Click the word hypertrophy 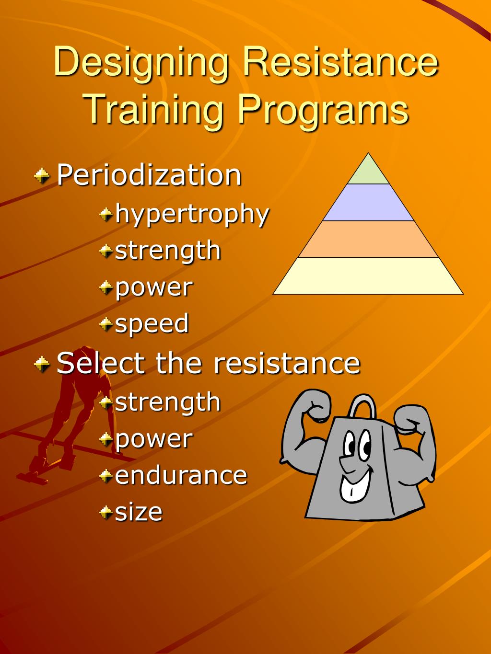pos(192,214)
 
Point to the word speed pos(152,323)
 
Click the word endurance pos(181,475)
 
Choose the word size pos(139,512)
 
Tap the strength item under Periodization pos(167,251)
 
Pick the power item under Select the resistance pos(153,439)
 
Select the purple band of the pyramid pos(368,203)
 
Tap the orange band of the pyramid pos(368,239)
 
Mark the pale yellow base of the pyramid pos(368,275)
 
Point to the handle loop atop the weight pos(362,407)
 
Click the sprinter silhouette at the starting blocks pos(72,412)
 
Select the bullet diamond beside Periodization pos(42,176)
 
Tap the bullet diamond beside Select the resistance pos(42,364)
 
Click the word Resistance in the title pos(340,62)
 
